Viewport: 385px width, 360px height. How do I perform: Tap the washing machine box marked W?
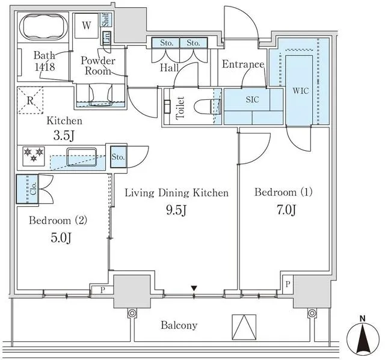click(87, 25)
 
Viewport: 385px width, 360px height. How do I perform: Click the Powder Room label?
click(97, 66)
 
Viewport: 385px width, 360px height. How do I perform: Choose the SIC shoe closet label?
click(252, 100)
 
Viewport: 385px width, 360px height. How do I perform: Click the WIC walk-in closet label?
click(301, 91)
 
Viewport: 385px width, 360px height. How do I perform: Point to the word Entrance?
click(243, 65)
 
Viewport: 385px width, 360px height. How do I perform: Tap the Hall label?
click(169, 68)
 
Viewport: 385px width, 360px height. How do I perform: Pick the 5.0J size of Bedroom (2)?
click(59, 238)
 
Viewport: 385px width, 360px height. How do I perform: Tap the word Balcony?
click(179, 325)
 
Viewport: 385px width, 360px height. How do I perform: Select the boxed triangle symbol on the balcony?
click(244, 327)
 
